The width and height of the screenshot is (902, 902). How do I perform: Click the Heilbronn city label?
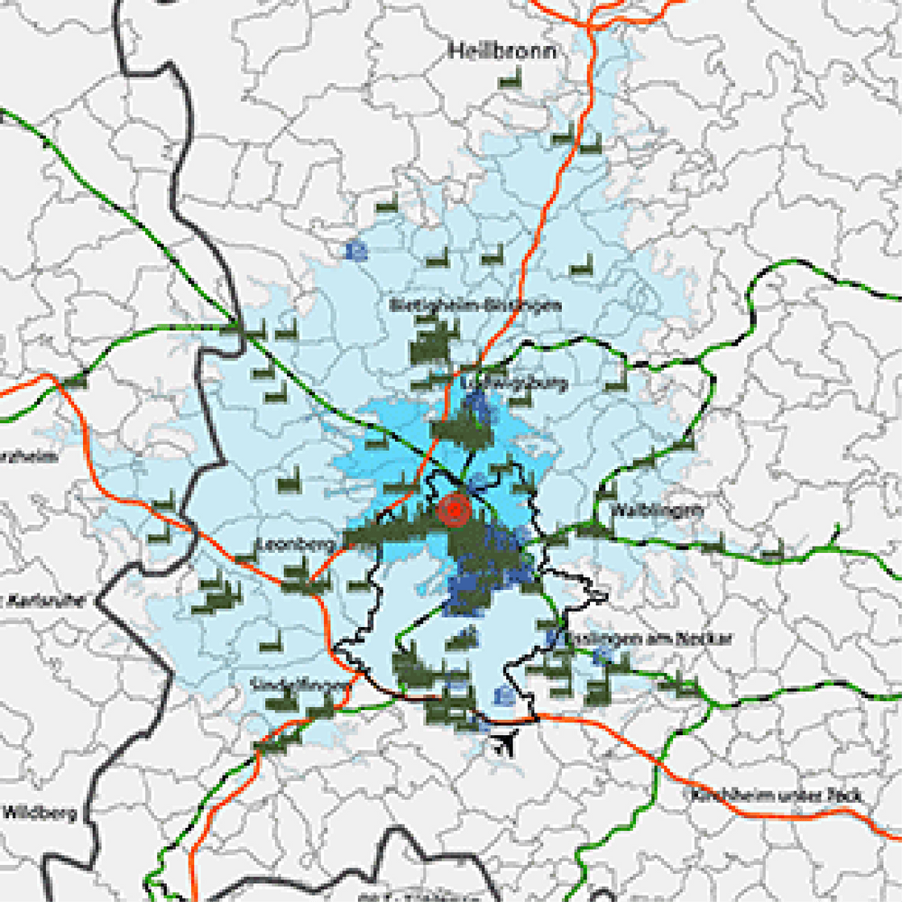pos(502,51)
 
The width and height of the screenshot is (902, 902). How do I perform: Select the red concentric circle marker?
pos(454,511)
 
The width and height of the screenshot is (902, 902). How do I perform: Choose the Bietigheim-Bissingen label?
pos(475,305)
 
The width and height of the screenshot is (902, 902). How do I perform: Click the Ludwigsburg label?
pos(515,383)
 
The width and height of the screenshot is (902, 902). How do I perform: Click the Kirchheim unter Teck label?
pos(777,796)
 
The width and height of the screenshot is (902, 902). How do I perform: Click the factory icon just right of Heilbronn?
pos(511,80)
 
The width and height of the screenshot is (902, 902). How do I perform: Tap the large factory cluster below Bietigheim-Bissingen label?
pos(433,345)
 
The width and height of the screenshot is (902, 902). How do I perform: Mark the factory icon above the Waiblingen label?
pos(606,490)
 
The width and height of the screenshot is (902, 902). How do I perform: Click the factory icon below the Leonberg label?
pos(298,573)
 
